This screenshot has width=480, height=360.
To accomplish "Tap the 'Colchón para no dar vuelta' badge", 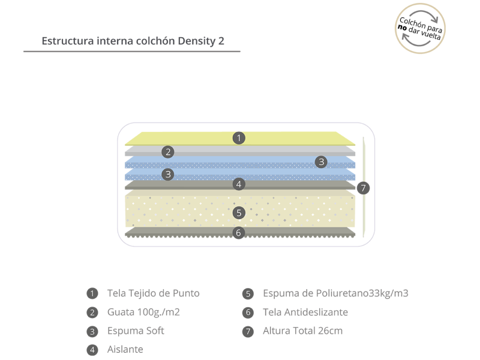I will tap(422, 28).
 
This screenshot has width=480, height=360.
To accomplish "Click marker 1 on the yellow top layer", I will tap(239, 138).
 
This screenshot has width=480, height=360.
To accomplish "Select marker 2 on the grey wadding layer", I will tap(169, 152).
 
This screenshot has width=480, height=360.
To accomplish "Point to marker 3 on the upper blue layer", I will tap(322, 161).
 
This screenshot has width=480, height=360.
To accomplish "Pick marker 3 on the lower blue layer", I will tap(169, 175).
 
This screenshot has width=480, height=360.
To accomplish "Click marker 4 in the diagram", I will tap(239, 184).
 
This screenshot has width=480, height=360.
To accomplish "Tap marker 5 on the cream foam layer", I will tap(239, 212).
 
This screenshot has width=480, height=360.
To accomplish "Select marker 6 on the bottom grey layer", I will tap(239, 232).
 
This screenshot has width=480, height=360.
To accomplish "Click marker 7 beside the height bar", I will tap(363, 188).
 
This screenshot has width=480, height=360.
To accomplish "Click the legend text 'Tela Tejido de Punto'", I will tap(153, 293).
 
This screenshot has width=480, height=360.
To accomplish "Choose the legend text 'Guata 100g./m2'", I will tap(143, 312).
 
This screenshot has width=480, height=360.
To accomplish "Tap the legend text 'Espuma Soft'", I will tap(136, 331).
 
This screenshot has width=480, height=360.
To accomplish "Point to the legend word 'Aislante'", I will tap(125, 349).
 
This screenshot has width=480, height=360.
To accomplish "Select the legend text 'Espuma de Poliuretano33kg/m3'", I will tap(335, 293).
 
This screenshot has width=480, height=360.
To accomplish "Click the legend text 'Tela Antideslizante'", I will tap(305, 312).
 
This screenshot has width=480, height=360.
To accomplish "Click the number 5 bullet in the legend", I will tap(248, 294).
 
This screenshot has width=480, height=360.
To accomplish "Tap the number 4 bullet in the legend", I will tap(92, 349).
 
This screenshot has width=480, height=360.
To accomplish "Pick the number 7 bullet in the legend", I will tap(248, 331).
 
